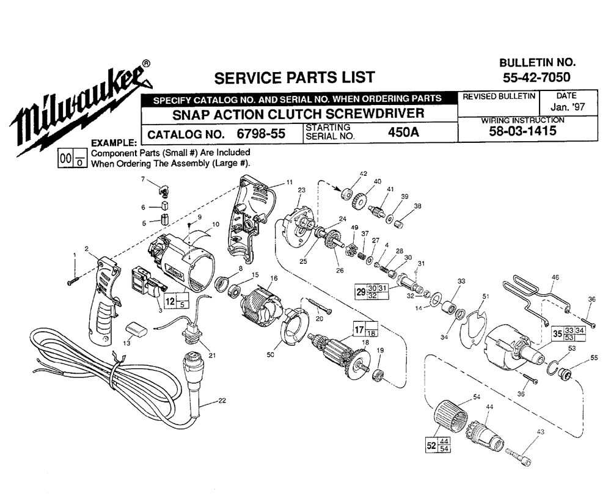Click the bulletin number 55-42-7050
coord(536,78)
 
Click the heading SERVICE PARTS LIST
coord(293,78)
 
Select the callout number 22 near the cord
coord(221,401)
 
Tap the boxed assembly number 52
coord(431,446)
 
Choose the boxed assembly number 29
coord(360,291)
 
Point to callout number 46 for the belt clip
coord(555,278)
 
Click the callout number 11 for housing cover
coord(289,182)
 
